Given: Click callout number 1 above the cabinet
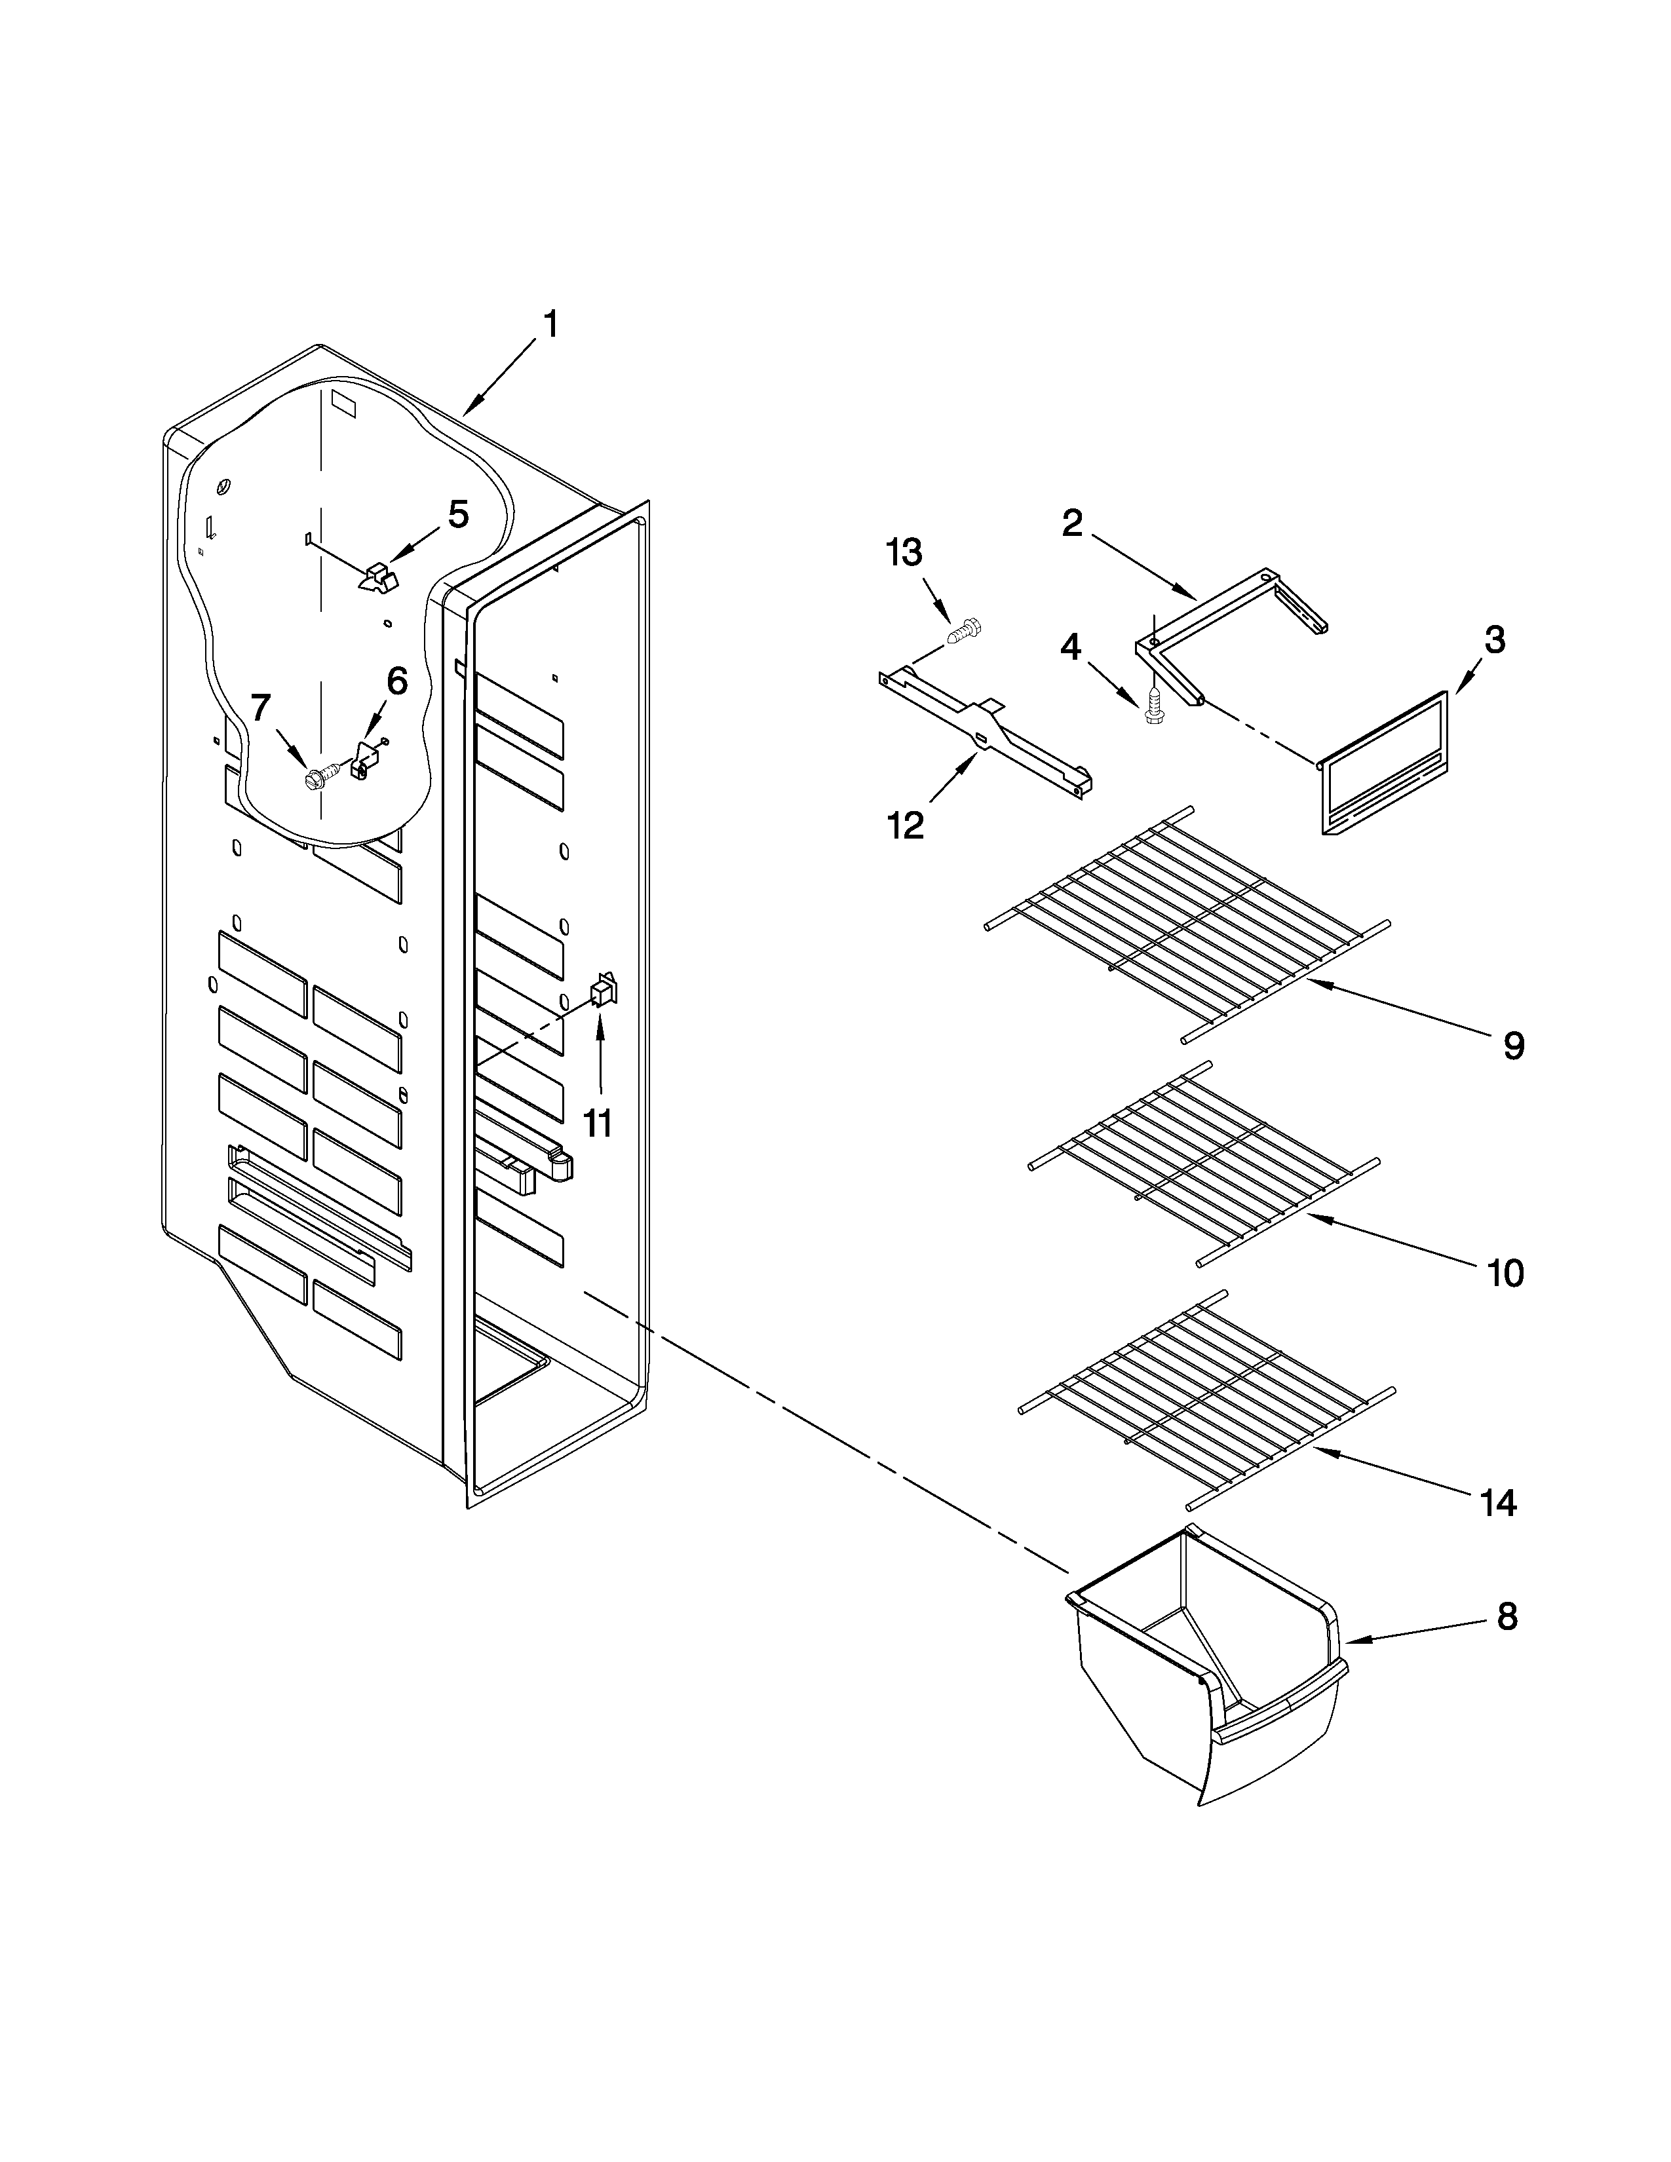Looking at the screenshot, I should tap(550, 325).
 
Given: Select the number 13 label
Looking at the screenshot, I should tap(904, 552).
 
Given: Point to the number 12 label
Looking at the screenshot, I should tap(905, 825).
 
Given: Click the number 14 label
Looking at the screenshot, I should tap(1499, 1504).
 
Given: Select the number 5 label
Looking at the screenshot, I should tap(457, 514).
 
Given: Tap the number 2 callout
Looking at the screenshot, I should tap(1072, 523).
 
